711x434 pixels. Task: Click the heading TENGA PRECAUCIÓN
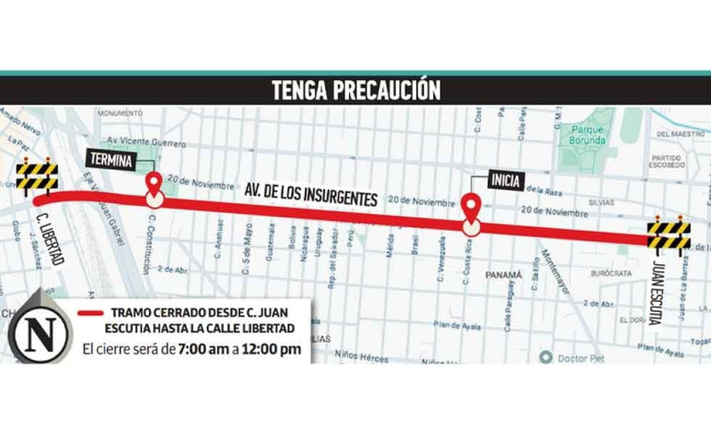[355, 90]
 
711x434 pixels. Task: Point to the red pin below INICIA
[471, 211]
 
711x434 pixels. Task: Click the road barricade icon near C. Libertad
[36, 175]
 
